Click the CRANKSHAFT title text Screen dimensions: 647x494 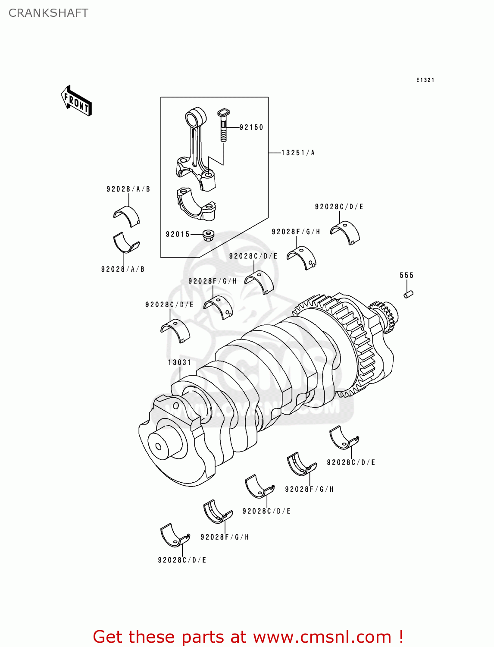point(48,13)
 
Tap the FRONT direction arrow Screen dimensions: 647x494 point(76,101)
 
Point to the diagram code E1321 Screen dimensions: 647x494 point(425,80)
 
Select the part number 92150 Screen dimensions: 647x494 point(251,127)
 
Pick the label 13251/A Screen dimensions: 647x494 point(298,153)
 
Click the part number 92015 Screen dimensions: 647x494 point(178,234)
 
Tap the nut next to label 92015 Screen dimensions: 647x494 point(209,235)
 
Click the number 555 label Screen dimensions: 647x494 point(406,275)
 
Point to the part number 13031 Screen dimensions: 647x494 point(179,362)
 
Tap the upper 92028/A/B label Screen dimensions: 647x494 point(128,189)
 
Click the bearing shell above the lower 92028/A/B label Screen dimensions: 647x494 point(126,243)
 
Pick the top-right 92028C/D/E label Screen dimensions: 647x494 point(339,207)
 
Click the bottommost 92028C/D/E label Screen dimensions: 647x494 point(182,560)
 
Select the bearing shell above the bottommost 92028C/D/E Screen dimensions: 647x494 point(174,536)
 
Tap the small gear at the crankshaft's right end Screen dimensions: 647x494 point(386,317)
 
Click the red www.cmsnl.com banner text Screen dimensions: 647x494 point(248,637)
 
